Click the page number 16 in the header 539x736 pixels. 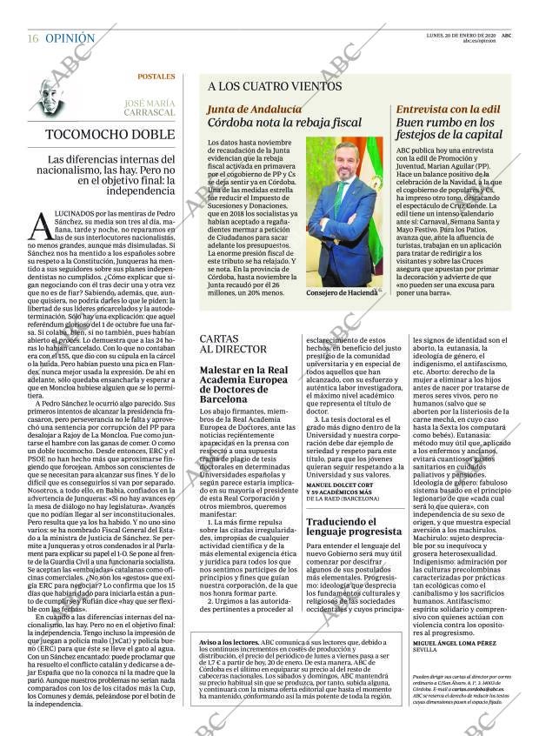pyautogui.click(x=32, y=38)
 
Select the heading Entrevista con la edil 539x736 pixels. pyautogui.click(x=448, y=110)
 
